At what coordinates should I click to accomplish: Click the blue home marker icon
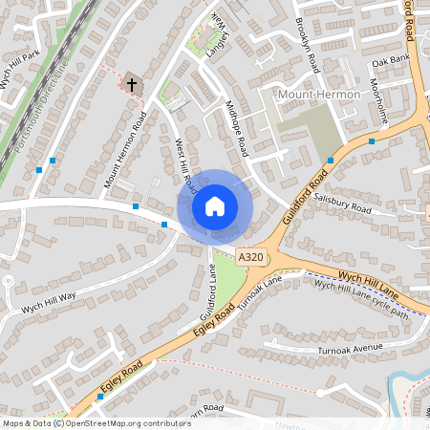[215, 205]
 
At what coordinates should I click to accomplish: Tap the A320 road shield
[250, 258]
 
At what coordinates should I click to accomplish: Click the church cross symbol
[132, 85]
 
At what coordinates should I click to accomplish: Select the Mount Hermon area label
[314, 96]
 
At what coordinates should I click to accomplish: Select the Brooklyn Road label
[307, 46]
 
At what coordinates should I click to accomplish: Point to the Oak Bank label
[390, 61]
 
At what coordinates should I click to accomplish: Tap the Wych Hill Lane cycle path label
[361, 299]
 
